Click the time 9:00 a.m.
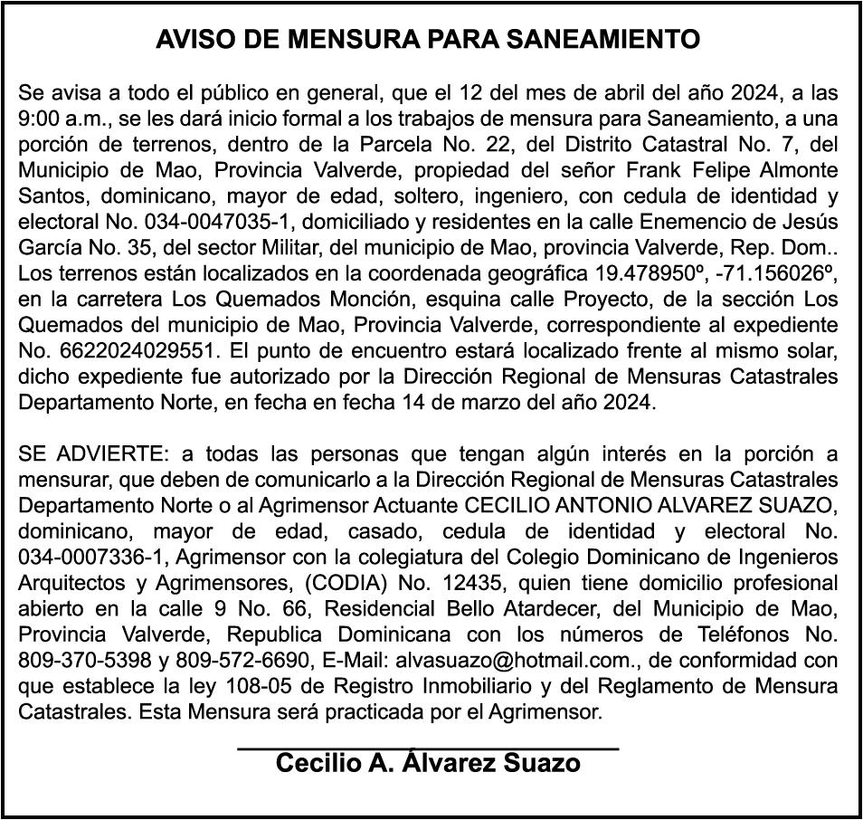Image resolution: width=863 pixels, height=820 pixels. coord(52,119)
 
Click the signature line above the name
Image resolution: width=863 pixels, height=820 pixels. coord(427,748)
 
